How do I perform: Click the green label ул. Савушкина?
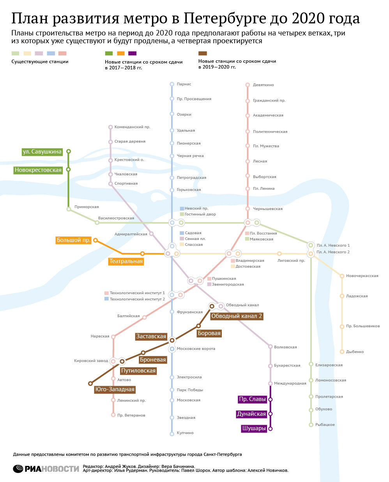click(x=42, y=152)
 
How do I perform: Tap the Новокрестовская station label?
click(x=38, y=170)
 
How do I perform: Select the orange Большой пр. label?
click(x=74, y=240)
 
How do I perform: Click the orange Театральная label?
click(x=126, y=261)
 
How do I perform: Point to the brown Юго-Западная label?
click(x=115, y=389)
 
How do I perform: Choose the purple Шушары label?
click(x=254, y=428)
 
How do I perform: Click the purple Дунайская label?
click(x=251, y=414)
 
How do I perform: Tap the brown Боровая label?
click(x=209, y=333)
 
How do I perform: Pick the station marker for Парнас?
click(x=172, y=84)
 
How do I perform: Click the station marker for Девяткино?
click(x=248, y=85)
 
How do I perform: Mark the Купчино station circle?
click(x=172, y=433)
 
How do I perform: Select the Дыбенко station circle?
click(x=342, y=351)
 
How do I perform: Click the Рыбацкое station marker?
click(x=311, y=425)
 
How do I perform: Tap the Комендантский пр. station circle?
click(x=111, y=127)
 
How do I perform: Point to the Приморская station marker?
click(x=69, y=209)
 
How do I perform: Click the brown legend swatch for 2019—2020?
click(x=202, y=53)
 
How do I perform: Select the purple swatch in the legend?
click(x=132, y=53)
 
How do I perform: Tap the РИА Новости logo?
click(x=46, y=468)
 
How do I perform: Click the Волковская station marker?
click(x=270, y=346)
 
